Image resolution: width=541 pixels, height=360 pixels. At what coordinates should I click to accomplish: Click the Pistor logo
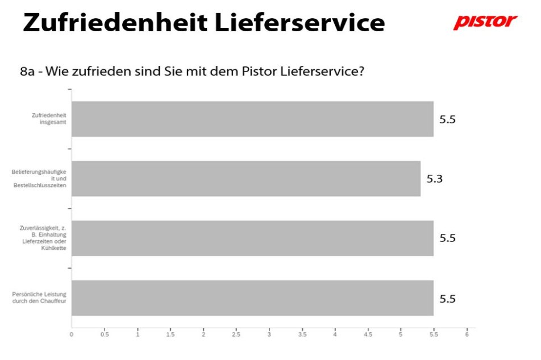pyautogui.click(x=485, y=22)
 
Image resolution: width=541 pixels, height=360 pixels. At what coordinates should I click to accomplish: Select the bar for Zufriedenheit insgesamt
pyautogui.click(x=252, y=119)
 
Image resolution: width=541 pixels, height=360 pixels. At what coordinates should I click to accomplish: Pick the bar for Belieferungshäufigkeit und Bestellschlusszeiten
pyautogui.click(x=245, y=179)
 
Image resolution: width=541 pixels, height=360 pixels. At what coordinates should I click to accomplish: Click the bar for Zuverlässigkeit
pyautogui.click(x=252, y=238)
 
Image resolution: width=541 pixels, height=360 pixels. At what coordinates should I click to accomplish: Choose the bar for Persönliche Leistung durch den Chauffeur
pyautogui.click(x=252, y=298)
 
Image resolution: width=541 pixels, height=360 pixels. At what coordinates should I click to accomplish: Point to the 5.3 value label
pyautogui.click(x=434, y=179)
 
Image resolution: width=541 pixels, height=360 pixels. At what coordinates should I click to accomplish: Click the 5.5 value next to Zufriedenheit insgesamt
pyautogui.click(x=447, y=119)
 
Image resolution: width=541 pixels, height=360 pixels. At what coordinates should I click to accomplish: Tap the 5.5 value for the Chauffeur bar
pyautogui.click(x=447, y=298)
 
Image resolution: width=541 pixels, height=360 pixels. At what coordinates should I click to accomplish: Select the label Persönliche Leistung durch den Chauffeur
pyautogui.click(x=40, y=297)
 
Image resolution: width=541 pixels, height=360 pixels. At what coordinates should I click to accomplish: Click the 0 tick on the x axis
pyautogui.click(x=72, y=334)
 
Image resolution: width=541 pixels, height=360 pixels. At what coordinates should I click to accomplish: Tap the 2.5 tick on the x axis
pyautogui.click(x=236, y=334)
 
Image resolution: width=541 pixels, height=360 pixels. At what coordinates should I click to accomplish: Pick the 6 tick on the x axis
pyautogui.click(x=467, y=334)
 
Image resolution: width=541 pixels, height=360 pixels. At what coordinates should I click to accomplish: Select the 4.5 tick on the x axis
pyautogui.click(x=368, y=334)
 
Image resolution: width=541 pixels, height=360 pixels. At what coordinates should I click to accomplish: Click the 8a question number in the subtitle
pyautogui.click(x=27, y=72)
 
